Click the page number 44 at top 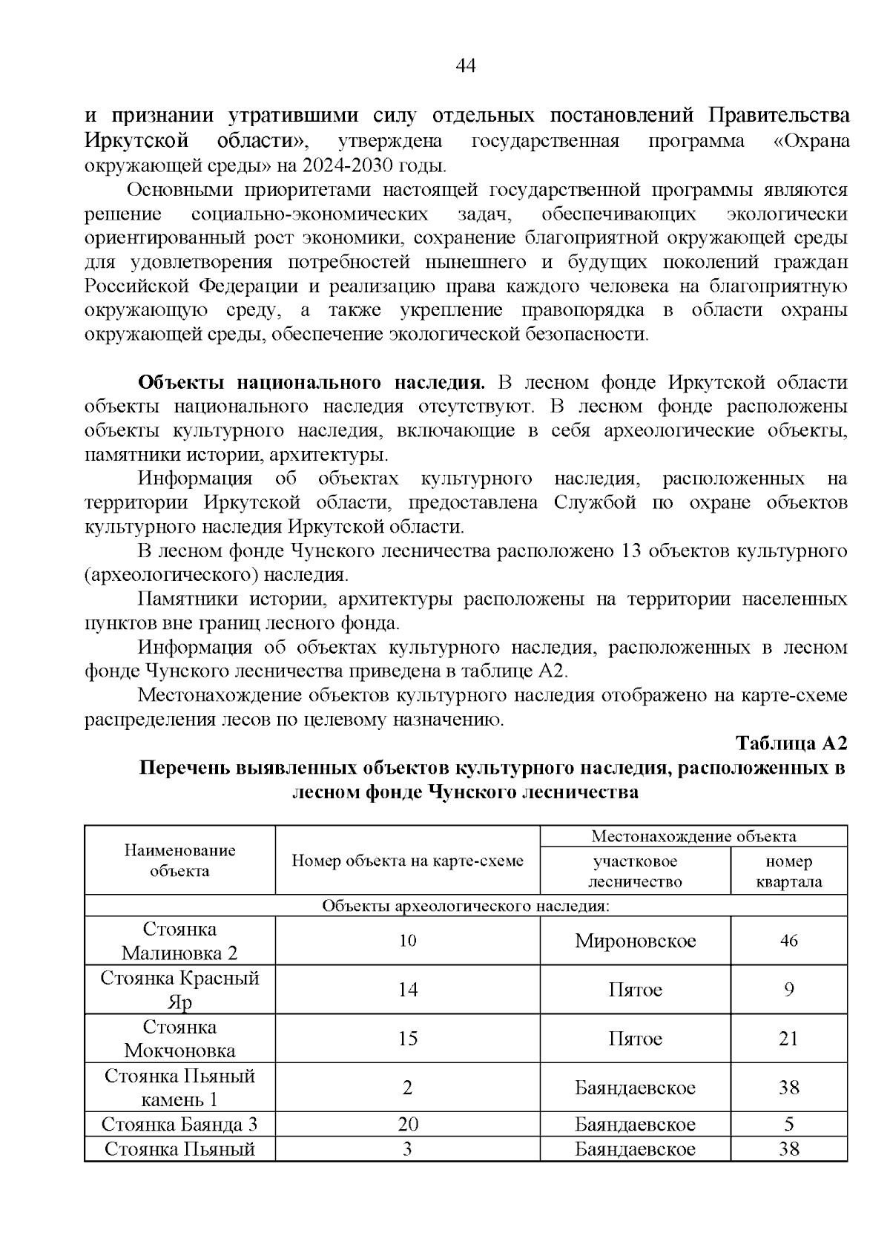[465, 66]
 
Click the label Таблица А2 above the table [791, 743]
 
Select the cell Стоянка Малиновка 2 [179, 941]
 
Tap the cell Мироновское [635, 941]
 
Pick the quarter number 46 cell [788, 941]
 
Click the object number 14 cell [407, 990]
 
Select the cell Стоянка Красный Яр [179, 990]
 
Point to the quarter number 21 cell [788, 1039]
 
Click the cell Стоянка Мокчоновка [179, 1039]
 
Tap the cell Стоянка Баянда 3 [179, 1124]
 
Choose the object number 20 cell [407, 1124]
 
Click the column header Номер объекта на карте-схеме [407, 861]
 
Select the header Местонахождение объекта [693, 836]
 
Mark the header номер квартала [788, 871]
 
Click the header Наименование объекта [179, 861]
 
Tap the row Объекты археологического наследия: [465, 906]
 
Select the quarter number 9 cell [788, 990]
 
